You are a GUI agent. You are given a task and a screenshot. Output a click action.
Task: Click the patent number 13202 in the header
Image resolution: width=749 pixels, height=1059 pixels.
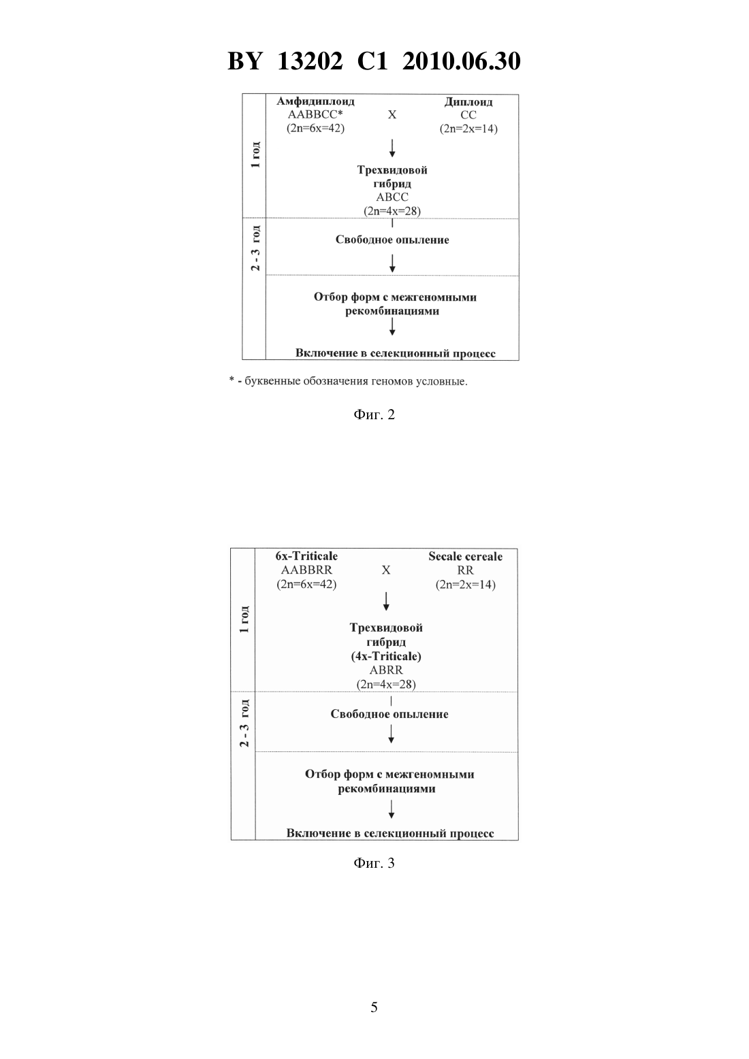tap(310, 61)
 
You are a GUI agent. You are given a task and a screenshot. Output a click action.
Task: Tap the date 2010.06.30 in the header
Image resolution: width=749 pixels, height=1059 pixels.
tap(461, 61)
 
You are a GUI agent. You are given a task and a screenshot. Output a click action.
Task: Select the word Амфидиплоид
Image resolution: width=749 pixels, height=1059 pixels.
tap(315, 101)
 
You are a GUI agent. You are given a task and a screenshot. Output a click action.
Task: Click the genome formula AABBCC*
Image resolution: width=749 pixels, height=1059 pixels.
tap(315, 114)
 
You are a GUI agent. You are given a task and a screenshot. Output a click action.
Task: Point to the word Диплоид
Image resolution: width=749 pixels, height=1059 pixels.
tap(468, 101)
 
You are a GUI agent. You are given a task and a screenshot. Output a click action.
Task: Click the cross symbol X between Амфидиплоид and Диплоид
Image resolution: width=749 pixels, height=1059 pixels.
tap(392, 115)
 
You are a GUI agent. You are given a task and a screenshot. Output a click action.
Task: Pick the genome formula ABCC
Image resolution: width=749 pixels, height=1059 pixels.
tap(392, 197)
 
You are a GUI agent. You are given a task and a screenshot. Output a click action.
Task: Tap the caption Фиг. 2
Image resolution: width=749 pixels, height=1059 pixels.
tap(374, 414)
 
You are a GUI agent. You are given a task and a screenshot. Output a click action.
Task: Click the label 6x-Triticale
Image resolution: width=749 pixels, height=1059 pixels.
tap(306, 556)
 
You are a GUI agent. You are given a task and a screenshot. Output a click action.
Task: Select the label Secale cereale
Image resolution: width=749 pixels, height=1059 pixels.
tap(465, 557)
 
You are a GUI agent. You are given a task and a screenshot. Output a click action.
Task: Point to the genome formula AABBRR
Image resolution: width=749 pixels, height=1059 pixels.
tap(306, 570)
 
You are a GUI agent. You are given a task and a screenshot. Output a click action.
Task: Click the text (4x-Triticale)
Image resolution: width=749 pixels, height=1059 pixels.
tap(386, 656)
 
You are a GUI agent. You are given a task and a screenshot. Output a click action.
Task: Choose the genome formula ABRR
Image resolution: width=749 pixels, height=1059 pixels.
tap(386, 670)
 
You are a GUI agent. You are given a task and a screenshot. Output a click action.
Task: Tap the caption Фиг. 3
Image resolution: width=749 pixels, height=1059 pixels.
tap(374, 863)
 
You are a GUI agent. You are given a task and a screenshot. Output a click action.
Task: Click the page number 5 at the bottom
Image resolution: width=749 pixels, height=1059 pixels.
tap(374, 1007)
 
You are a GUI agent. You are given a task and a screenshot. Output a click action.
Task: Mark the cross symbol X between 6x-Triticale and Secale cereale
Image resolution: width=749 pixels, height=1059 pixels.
tap(386, 570)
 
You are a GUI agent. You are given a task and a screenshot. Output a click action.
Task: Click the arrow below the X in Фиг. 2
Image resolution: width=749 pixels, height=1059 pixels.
tap(392, 148)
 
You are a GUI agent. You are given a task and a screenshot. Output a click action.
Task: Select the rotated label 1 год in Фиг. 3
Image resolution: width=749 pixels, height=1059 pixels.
tap(244, 619)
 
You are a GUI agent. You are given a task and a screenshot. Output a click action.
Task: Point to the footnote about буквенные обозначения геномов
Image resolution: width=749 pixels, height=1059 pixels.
tap(349, 381)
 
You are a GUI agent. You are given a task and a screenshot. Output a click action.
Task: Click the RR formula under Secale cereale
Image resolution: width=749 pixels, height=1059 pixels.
tap(465, 570)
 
